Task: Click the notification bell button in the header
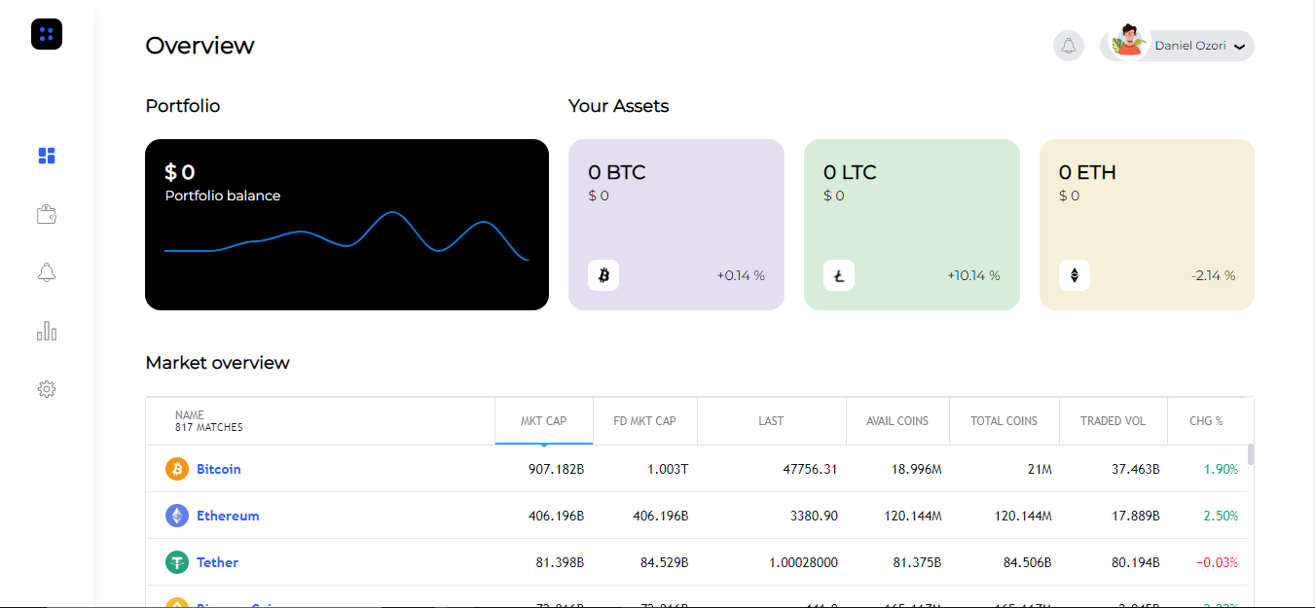[x=1068, y=46]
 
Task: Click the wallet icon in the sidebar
[x=47, y=214]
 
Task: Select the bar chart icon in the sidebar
[x=47, y=331]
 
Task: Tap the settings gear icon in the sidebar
[x=47, y=389]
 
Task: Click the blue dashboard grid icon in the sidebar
[x=47, y=156]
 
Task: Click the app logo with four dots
[x=47, y=35]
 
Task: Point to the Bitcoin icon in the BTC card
[x=603, y=275]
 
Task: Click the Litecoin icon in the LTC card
[x=839, y=275]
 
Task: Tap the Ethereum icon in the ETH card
[x=1075, y=275]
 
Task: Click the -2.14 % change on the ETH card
[x=1213, y=275]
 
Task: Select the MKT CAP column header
[x=543, y=421]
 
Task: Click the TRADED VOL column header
[x=1113, y=421]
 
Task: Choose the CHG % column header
[x=1206, y=421]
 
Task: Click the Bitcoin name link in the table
[x=219, y=469]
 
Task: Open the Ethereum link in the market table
[x=228, y=516]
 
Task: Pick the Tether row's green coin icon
[x=177, y=562]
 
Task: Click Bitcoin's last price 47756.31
[x=810, y=469]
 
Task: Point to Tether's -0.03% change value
[x=1217, y=562]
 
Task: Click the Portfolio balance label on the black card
[x=223, y=196]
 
